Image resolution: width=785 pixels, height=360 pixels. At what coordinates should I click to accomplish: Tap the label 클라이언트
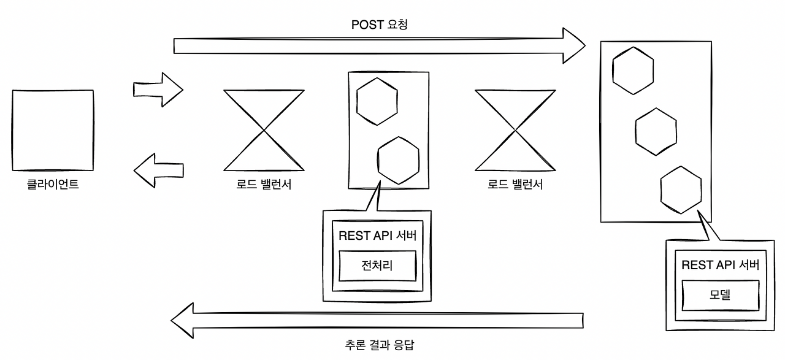click(53, 185)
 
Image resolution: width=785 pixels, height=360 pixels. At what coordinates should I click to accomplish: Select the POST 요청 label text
click(379, 25)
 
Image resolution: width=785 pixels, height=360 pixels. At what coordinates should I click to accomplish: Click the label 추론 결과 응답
click(379, 345)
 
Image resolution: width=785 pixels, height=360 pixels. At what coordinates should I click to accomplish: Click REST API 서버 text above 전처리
click(377, 236)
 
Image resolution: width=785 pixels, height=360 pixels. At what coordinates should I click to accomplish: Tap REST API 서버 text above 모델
click(721, 265)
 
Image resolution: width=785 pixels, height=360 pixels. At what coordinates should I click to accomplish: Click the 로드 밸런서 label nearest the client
click(264, 185)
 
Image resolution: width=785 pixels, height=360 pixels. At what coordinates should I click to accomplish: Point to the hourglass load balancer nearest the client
click(264, 131)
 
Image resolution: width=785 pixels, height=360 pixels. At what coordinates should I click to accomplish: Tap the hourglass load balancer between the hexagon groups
click(515, 131)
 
